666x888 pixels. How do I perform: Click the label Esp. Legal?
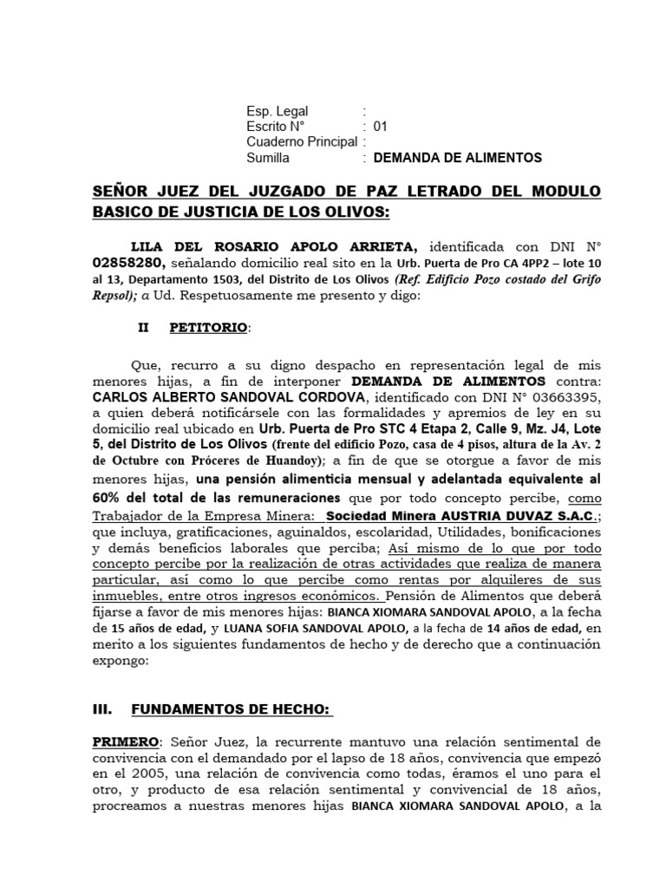(277, 111)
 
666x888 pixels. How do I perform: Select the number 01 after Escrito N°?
(380, 127)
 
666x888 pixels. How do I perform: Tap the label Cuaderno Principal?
(301, 142)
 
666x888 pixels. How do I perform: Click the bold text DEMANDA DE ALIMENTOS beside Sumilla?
(457, 158)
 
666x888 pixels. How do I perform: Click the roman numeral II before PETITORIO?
(144, 329)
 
